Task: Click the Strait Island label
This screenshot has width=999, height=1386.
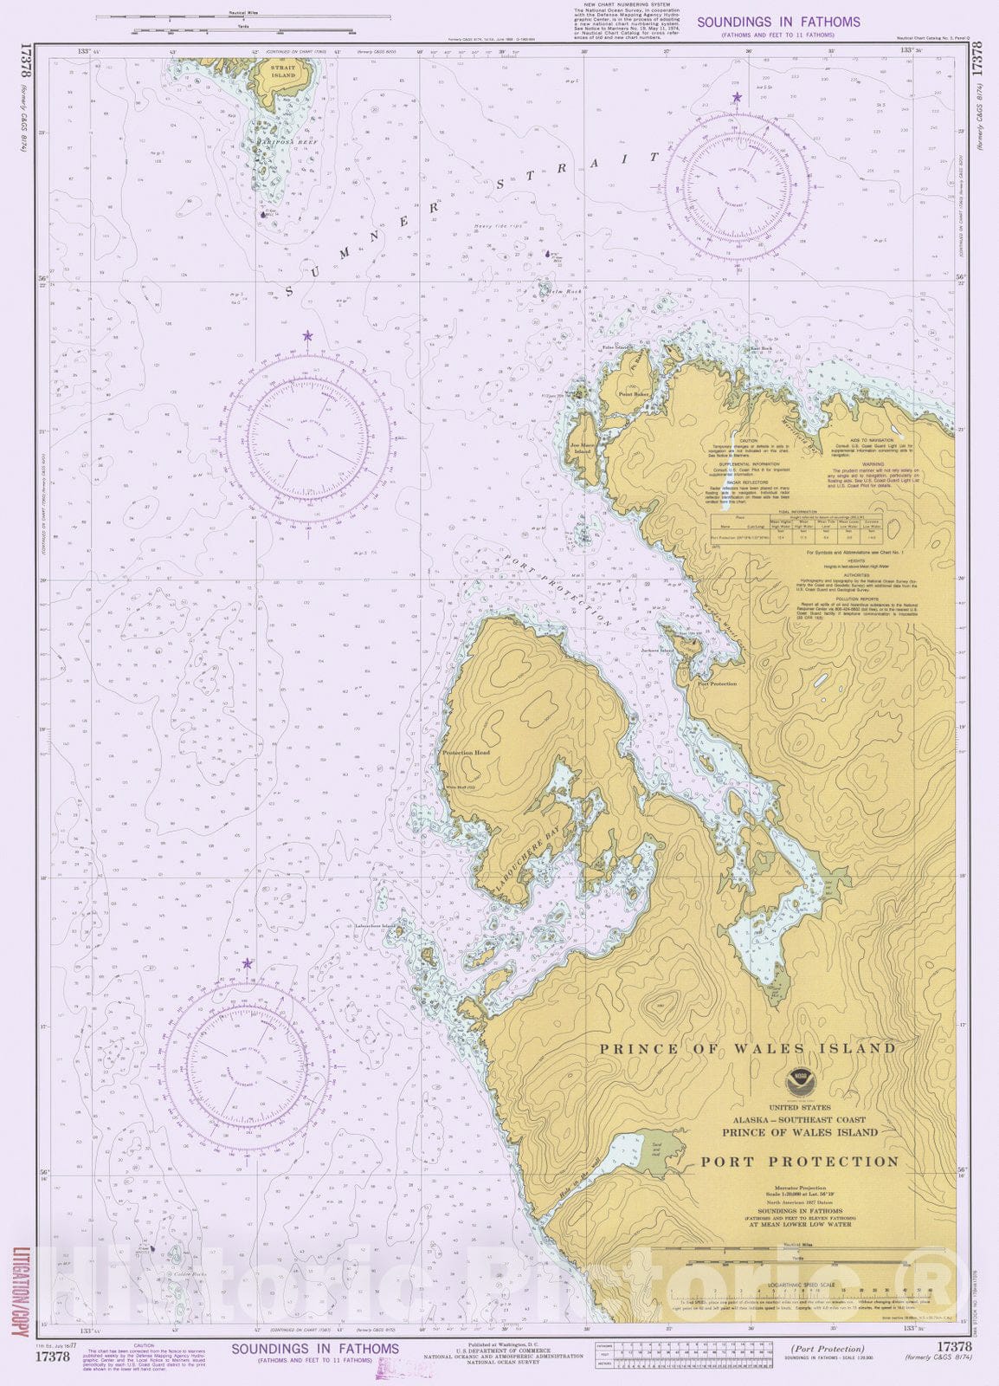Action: coord(283,71)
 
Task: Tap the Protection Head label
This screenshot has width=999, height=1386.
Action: coord(466,753)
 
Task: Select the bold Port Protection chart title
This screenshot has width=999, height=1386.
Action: coord(799,1162)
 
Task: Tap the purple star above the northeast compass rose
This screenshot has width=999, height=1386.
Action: coord(737,97)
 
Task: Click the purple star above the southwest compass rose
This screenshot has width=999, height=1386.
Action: coord(248,963)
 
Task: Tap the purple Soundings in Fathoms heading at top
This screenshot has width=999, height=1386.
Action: coord(778,22)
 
